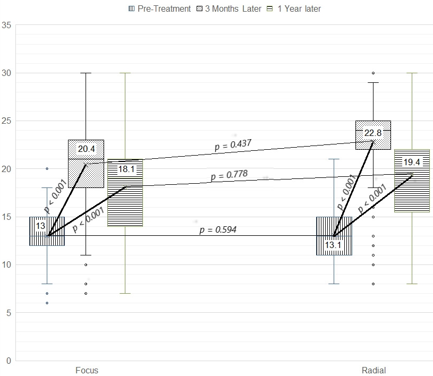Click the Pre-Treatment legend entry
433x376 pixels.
pyautogui.click(x=159, y=9)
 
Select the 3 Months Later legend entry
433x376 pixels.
pyautogui.click(x=228, y=9)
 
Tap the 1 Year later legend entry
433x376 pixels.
pyautogui.click(x=294, y=9)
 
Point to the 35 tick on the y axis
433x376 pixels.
pyautogui.click(x=6, y=25)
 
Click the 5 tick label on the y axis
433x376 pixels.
pyautogui.click(x=9, y=313)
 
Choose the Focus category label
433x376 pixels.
pyautogui.click(x=87, y=370)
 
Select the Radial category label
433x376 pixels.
pyautogui.click(x=373, y=370)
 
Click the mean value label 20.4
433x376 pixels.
pyautogui.click(x=86, y=149)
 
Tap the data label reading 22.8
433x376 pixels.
pyautogui.click(x=373, y=133)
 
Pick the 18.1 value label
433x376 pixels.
pyautogui.click(x=126, y=169)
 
